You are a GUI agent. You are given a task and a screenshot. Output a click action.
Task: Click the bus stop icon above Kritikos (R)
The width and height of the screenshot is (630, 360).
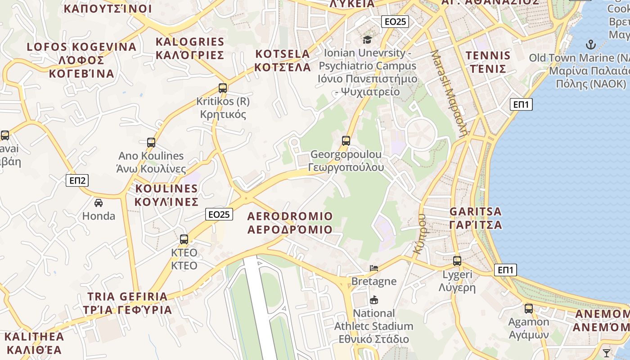coord(222,88)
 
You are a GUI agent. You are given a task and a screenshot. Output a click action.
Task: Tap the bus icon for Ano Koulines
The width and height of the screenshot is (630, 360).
coord(151,143)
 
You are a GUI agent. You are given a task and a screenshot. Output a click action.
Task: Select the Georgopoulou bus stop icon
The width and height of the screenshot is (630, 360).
coord(346,141)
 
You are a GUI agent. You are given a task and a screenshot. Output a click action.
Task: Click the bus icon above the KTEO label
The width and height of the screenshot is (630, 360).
coord(184,239)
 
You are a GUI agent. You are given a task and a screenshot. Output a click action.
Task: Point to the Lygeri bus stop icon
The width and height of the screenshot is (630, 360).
coord(457,261)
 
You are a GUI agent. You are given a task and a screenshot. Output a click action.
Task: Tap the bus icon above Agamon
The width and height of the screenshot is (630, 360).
coord(529,309)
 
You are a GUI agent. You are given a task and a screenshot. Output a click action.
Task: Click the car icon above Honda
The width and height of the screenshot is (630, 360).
coord(99,202)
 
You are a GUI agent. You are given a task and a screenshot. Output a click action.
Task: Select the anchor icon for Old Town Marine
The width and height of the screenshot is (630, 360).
coord(590,45)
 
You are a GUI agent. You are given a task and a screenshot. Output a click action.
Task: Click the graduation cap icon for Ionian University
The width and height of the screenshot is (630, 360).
coord(368,40)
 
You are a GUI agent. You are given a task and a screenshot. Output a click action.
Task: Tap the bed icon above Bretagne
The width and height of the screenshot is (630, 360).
coord(374,268)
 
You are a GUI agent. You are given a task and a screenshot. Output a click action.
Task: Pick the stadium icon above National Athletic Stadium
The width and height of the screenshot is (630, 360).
coord(373,300)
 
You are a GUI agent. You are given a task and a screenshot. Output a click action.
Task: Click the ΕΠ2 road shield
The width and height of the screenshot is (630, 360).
coord(77,180)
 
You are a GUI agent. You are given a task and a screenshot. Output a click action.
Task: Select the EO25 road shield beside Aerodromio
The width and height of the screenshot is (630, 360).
coord(219,215)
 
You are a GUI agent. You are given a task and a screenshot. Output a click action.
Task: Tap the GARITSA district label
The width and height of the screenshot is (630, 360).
coord(476,218)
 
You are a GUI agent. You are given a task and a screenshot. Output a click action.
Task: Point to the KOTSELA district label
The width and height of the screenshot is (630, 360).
coord(283,61)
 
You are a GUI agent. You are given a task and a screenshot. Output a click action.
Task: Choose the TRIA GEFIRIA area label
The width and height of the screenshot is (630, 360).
coord(128,303)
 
